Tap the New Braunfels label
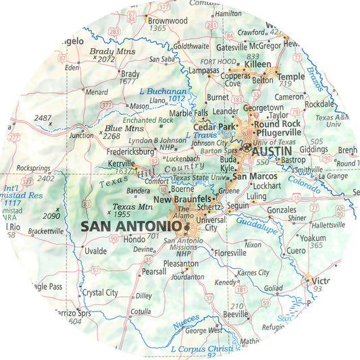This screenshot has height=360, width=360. (x=182, y=200)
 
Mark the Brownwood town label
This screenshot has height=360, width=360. (x=168, y=21)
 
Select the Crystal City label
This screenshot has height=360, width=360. (x=99, y=292)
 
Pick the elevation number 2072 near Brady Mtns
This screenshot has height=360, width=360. (x=106, y=59)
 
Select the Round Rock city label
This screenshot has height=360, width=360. (x=276, y=124)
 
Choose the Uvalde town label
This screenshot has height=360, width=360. (x=95, y=251)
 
